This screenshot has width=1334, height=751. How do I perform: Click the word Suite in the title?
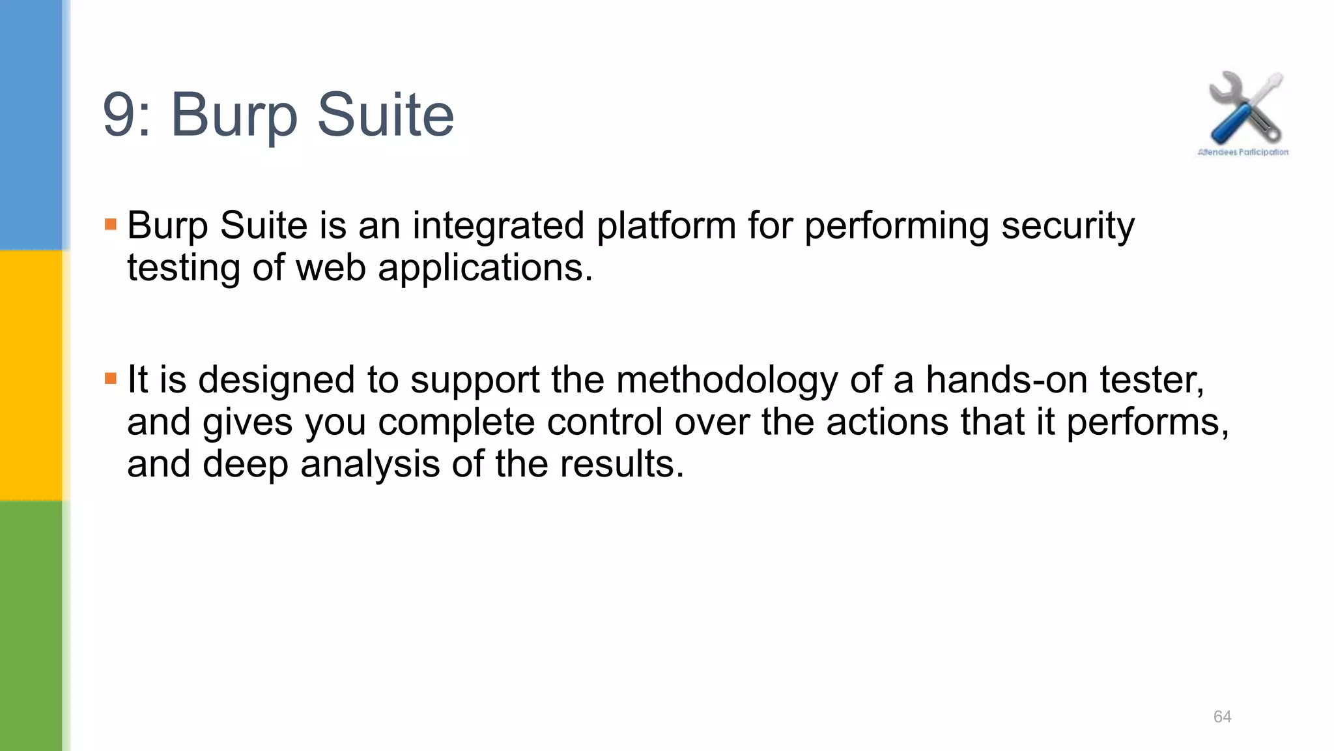coord(385,115)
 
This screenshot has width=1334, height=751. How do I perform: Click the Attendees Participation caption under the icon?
coord(1243,153)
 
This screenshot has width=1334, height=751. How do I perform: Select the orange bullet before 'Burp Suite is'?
coord(111,225)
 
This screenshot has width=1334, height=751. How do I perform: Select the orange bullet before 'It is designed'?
coord(111,378)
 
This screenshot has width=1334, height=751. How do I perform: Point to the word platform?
coord(666,226)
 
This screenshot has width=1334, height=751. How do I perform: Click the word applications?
coord(485,269)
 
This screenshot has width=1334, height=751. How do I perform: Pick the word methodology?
coord(727,381)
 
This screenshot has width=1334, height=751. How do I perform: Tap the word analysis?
coord(370,465)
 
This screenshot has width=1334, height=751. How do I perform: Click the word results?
coord(621,464)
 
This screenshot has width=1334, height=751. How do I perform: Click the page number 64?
coord(1222,716)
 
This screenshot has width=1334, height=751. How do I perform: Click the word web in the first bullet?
coord(331,268)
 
